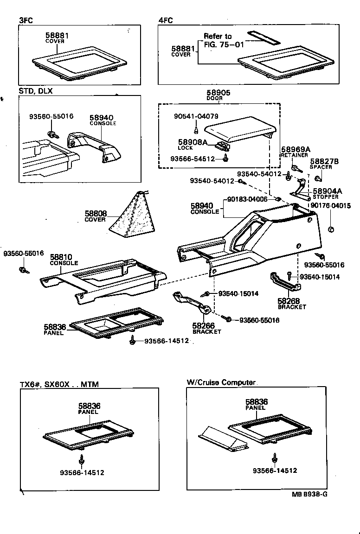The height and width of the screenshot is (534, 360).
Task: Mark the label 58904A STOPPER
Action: click(327, 193)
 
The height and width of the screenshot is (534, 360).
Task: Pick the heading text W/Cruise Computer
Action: click(221, 382)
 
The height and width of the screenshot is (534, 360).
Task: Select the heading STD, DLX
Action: click(36, 91)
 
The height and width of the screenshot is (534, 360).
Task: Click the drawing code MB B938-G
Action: click(309, 494)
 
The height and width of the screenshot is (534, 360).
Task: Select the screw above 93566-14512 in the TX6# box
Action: click(82, 459)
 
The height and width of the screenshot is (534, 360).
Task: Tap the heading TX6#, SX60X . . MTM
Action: click(59, 384)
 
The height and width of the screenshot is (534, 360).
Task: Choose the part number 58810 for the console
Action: click(61, 256)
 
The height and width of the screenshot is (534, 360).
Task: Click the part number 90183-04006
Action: click(247, 199)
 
